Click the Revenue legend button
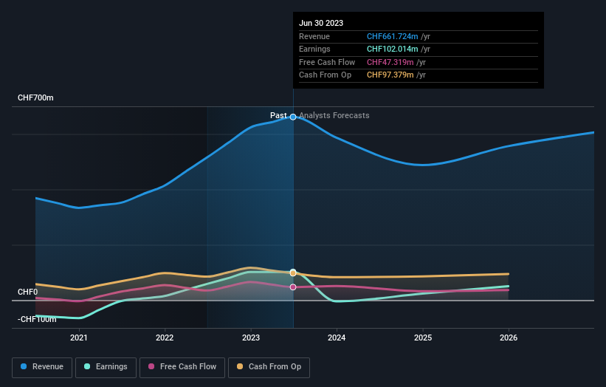pyautogui.click(x=42, y=366)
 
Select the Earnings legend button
pyautogui.click(x=105, y=366)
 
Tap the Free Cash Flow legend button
pyautogui.click(x=182, y=366)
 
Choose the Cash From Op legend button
pyautogui.click(x=269, y=366)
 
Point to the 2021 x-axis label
pyautogui.click(x=79, y=338)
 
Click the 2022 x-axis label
pyautogui.click(x=165, y=338)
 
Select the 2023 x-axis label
pyautogui.click(x=251, y=338)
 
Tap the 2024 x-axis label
pyautogui.click(x=337, y=338)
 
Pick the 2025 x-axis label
pyautogui.click(x=423, y=338)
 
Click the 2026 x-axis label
pyautogui.click(x=509, y=338)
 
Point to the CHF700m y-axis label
pyautogui.click(x=35, y=98)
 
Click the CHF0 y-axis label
pyautogui.click(x=27, y=292)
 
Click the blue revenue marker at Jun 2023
pyautogui.click(x=293, y=117)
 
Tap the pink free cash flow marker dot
pyautogui.click(x=293, y=287)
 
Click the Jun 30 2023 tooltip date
pyautogui.click(x=321, y=24)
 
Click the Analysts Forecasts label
pyautogui.click(x=334, y=115)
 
